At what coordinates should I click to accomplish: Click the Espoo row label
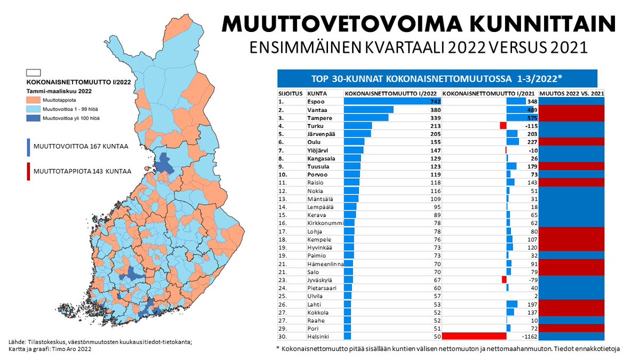point(316,101)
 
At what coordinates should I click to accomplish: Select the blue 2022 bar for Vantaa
point(369,109)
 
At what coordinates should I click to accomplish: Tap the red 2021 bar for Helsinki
point(474,337)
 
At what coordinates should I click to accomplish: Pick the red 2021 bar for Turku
point(503,125)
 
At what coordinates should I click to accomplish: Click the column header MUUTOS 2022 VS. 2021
point(572,93)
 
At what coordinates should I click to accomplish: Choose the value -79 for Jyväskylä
point(530,280)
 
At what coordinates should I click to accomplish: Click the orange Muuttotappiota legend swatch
point(33,99)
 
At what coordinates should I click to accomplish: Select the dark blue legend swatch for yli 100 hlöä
point(33,117)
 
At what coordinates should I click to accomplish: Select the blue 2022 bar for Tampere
point(366,117)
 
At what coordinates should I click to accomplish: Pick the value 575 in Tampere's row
point(531,117)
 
